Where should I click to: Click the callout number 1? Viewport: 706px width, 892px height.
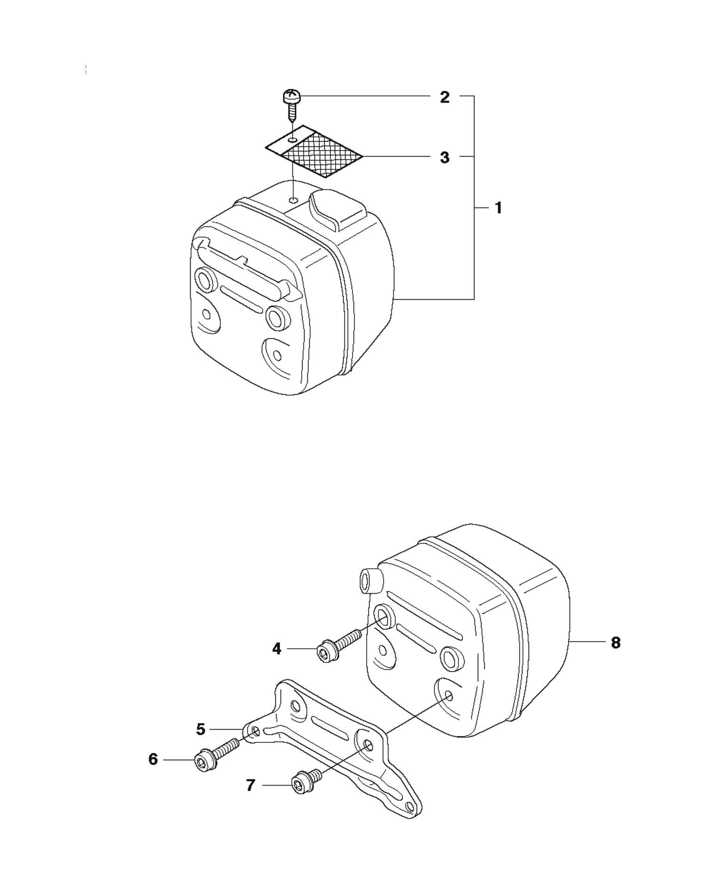coord(498,208)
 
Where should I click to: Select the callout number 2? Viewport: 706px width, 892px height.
coord(444,97)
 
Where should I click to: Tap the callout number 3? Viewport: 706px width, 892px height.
coord(444,157)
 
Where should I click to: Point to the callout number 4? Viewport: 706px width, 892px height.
coord(277,649)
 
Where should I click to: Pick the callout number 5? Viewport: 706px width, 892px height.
coord(201,729)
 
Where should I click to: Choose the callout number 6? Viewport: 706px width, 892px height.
coord(153,759)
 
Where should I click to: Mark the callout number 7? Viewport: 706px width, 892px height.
coord(250,785)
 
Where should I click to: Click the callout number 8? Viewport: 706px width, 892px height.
coord(616,643)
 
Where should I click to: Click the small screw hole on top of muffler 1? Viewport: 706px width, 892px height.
coord(293,200)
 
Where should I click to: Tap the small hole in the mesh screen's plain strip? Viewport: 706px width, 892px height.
coord(293,140)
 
